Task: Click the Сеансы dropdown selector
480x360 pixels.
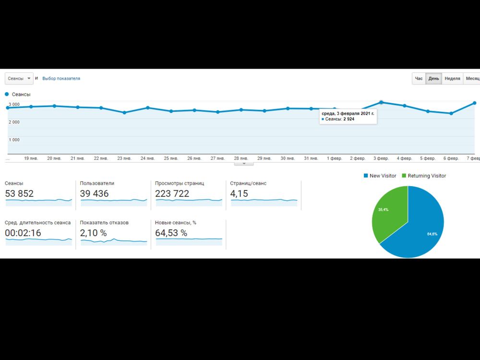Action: (19, 79)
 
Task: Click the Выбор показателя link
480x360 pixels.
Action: (61, 79)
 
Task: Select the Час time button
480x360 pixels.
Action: (419, 79)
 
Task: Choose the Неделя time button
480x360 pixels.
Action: (452, 79)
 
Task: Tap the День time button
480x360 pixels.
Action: (433, 79)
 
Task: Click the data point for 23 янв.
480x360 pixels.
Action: (124, 113)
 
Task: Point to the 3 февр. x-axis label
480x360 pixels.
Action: (381, 158)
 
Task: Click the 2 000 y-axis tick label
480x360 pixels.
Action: (14, 122)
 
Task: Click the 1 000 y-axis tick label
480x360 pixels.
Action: (14, 140)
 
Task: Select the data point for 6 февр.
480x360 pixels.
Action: (451, 114)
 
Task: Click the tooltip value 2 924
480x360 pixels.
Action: (348, 119)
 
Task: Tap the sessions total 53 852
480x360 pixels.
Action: (19, 193)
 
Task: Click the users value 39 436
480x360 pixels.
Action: (94, 193)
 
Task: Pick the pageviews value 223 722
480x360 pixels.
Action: (172, 193)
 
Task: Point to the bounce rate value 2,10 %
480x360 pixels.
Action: (94, 233)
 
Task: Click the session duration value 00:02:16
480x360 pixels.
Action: (23, 233)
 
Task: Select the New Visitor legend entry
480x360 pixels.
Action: (380, 176)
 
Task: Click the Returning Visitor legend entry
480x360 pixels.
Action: (424, 176)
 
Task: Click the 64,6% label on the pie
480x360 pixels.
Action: (432, 234)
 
